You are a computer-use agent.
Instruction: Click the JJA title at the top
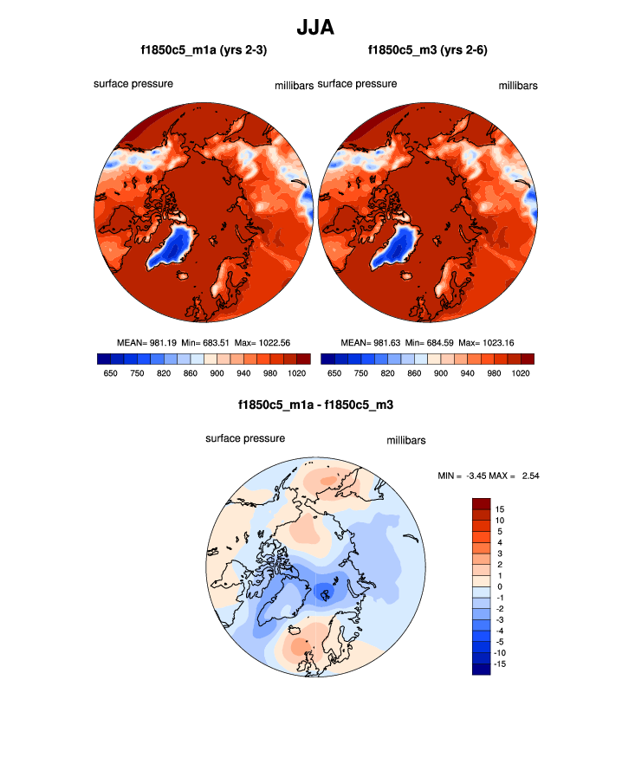[315, 28]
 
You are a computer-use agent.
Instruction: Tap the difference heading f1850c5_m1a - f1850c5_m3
[316, 405]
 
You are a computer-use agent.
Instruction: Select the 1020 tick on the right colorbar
[521, 372]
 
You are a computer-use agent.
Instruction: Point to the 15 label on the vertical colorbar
[500, 508]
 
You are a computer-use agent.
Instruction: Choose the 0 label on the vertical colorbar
[498, 586]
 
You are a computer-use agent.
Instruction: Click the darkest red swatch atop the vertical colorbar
[481, 503]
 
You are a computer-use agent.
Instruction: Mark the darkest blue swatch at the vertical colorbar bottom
[481, 668]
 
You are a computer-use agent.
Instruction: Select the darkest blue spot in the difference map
[325, 592]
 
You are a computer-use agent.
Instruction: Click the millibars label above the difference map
[405, 441]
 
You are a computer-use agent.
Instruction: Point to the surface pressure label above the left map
[133, 84]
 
